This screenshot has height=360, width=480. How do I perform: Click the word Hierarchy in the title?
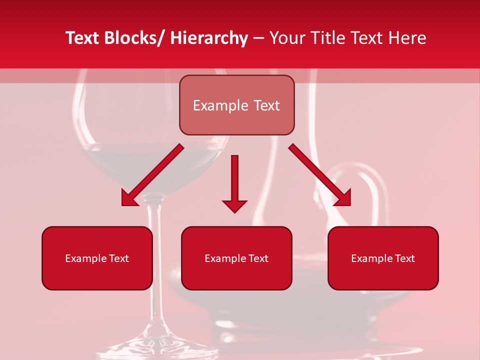209,38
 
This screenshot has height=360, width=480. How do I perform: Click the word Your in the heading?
287,38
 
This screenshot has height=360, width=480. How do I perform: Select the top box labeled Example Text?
236,105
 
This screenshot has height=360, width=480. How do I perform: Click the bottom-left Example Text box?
97,258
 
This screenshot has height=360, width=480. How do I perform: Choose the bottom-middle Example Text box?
236,258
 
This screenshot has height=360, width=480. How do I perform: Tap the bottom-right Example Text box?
383,258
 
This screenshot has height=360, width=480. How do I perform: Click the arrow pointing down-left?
152,175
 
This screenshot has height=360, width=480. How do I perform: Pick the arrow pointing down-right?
320,175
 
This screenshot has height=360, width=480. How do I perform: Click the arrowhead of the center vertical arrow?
234,205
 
